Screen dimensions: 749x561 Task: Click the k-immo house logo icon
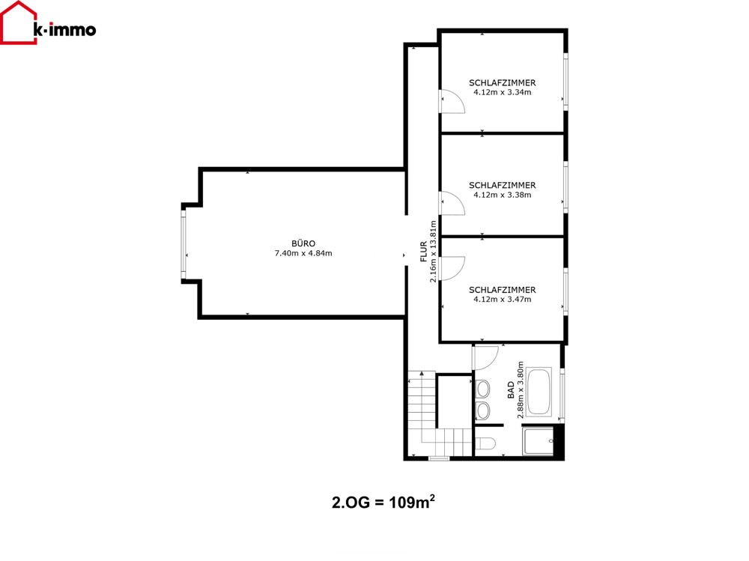click(x=19, y=23)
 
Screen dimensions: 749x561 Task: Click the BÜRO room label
click(x=303, y=243)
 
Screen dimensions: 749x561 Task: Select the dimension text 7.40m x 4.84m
click(x=303, y=253)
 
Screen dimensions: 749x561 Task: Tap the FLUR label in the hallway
click(x=424, y=252)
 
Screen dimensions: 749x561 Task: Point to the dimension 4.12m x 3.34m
click(x=502, y=92)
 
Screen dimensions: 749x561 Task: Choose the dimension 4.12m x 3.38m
click(x=502, y=195)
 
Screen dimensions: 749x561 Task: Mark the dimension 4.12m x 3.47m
click(x=502, y=299)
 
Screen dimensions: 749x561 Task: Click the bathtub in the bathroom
click(x=539, y=392)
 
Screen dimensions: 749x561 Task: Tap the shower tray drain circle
click(x=551, y=440)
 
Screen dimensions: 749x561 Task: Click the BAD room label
click(x=511, y=390)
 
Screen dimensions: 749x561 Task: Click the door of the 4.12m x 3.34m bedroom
click(x=452, y=101)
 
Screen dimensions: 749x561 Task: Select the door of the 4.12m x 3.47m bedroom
click(x=452, y=269)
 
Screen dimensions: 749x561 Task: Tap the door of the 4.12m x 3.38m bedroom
click(x=452, y=203)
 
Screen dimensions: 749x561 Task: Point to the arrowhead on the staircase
click(x=422, y=373)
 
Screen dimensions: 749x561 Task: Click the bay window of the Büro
click(x=184, y=244)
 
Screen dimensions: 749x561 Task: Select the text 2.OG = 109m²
click(x=383, y=503)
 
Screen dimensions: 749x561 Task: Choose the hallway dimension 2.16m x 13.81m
click(x=433, y=252)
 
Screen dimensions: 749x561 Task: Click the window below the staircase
click(x=439, y=458)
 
